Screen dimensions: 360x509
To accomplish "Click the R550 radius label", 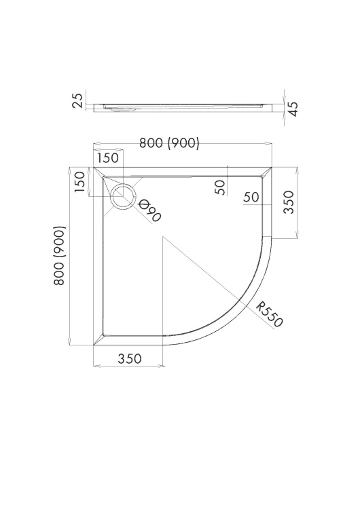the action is click(x=270, y=314).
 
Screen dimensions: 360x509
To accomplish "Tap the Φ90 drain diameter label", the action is click(x=149, y=210).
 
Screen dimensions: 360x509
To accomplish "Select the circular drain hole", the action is click(x=123, y=196).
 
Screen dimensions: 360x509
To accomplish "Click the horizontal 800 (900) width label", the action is click(x=169, y=143).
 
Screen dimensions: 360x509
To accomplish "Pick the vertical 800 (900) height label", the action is click(x=60, y=256).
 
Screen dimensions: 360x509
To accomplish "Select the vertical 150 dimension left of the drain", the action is click(x=80, y=182).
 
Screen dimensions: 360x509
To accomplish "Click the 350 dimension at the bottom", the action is click(x=130, y=359).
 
